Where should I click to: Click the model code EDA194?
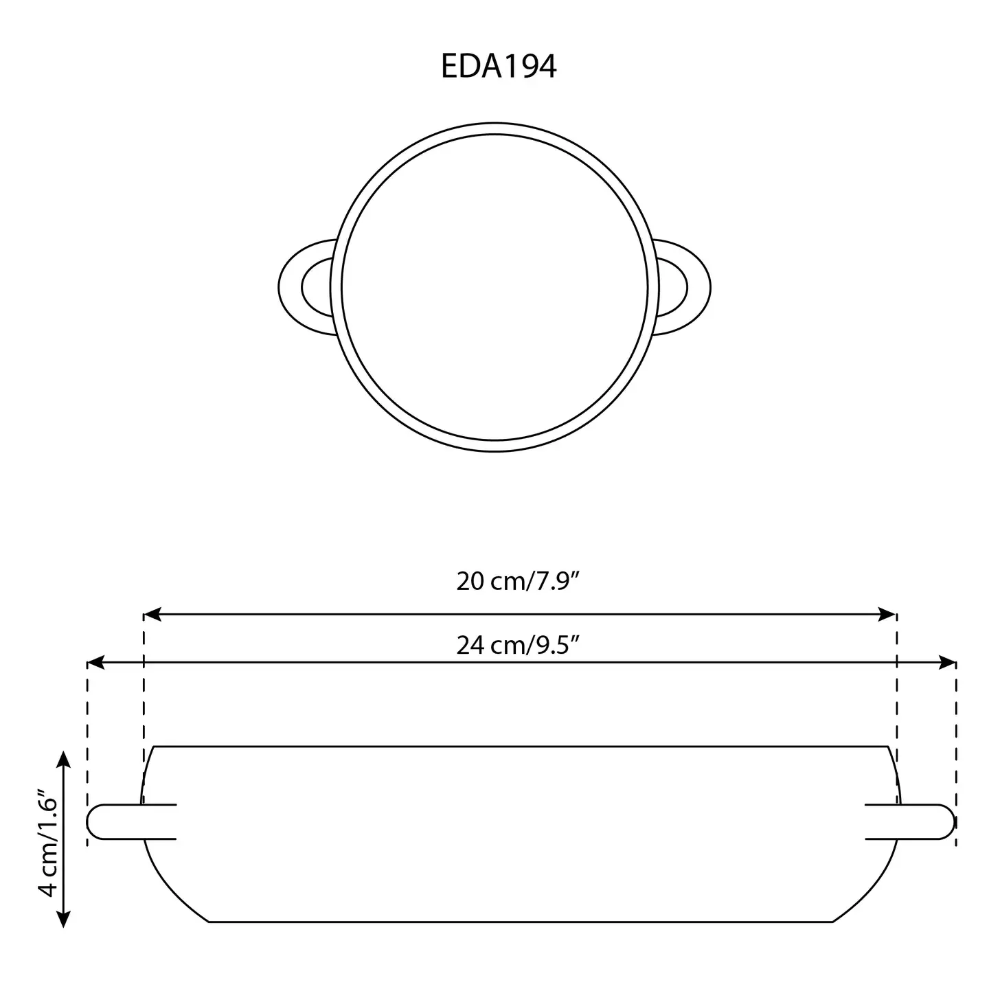pos(498,67)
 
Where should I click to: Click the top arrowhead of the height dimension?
pos(64,759)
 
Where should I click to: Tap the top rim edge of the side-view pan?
pos(520,746)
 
